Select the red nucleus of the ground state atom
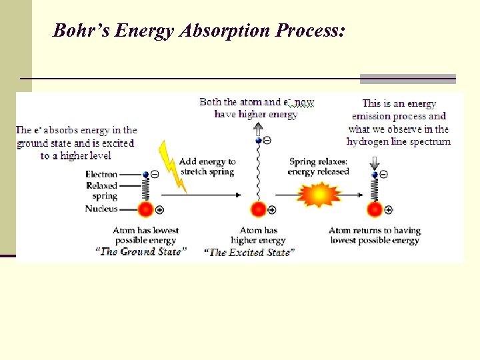point(145,209)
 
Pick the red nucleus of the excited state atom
point(259,209)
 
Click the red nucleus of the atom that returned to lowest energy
point(375,209)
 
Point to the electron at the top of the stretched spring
point(259,141)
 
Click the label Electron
point(101,175)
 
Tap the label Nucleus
point(101,209)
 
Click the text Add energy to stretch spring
point(207,166)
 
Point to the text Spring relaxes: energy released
point(318,166)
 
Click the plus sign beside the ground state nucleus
point(159,210)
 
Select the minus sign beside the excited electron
point(267,141)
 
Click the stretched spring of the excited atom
point(259,173)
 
